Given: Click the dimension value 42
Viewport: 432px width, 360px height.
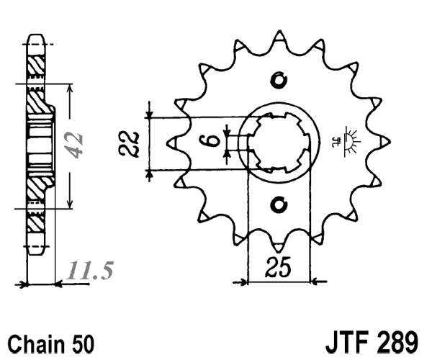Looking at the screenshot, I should click(77, 147).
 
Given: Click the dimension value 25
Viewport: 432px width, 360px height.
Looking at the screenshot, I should click(278, 268).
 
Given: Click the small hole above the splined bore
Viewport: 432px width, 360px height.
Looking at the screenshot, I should click(279, 78).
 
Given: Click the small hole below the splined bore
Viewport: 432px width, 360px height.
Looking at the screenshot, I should click(279, 205).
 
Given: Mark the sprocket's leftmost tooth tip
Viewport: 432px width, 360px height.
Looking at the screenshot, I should click(169, 142).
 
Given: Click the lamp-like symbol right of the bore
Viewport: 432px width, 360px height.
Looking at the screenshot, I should click(351, 140).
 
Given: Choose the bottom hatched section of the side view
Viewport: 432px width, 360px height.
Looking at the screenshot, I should click(34, 216).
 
